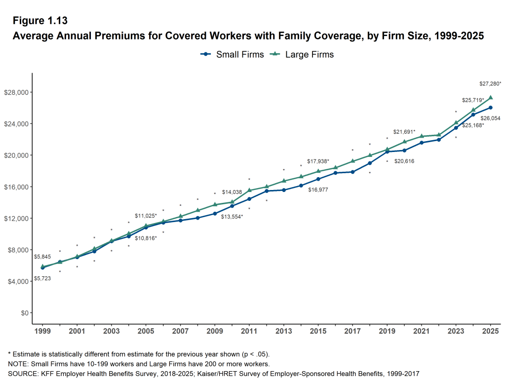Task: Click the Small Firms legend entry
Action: click(232, 54)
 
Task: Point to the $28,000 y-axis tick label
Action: click(17, 92)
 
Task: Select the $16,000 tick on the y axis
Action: click(17, 187)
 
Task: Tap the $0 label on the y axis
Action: click(23, 313)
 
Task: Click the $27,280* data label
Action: click(490, 84)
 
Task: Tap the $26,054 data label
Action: click(490, 118)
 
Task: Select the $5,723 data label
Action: click(42, 279)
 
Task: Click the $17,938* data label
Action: click(318, 161)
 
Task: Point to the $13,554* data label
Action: click(232, 217)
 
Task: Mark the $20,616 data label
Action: click(404, 161)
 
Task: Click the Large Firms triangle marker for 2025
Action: click(490, 98)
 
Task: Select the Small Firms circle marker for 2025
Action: click(490, 108)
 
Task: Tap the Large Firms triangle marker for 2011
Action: click(249, 190)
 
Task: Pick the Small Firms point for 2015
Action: click(318, 179)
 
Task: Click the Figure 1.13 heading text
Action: click(39, 21)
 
